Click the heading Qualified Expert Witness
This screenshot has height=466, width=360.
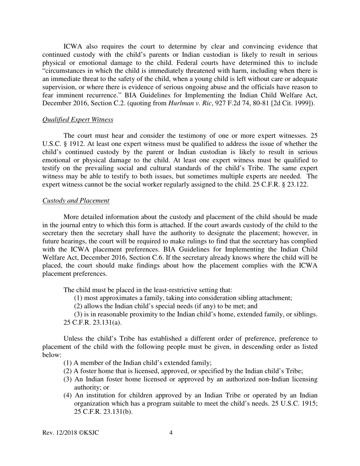pyautogui.click(x=78, y=120)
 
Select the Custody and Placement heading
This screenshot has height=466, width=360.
pyautogui.click(x=76, y=201)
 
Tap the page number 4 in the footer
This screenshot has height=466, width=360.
pyautogui.click(x=171, y=433)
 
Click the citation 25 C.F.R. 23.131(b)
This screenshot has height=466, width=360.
pyautogui.click(x=103, y=411)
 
